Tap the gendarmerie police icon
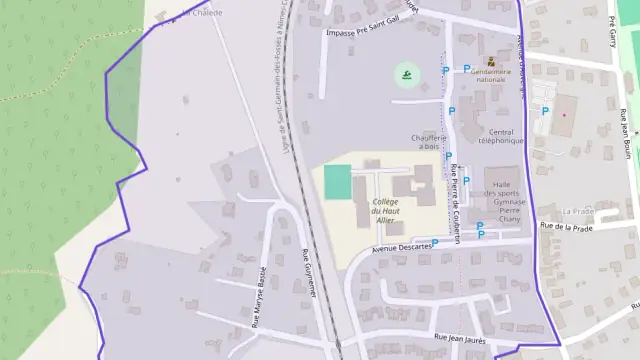[x=491, y=60]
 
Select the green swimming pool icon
[x=405, y=73]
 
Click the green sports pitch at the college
[x=338, y=181]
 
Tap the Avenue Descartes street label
[x=401, y=247]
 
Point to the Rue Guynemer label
[x=309, y=272]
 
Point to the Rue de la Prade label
[x=567, y=227]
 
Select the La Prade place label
[x=578, y=211]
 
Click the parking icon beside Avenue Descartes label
[x=435, y=243]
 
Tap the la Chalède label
[x=201, y=13]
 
